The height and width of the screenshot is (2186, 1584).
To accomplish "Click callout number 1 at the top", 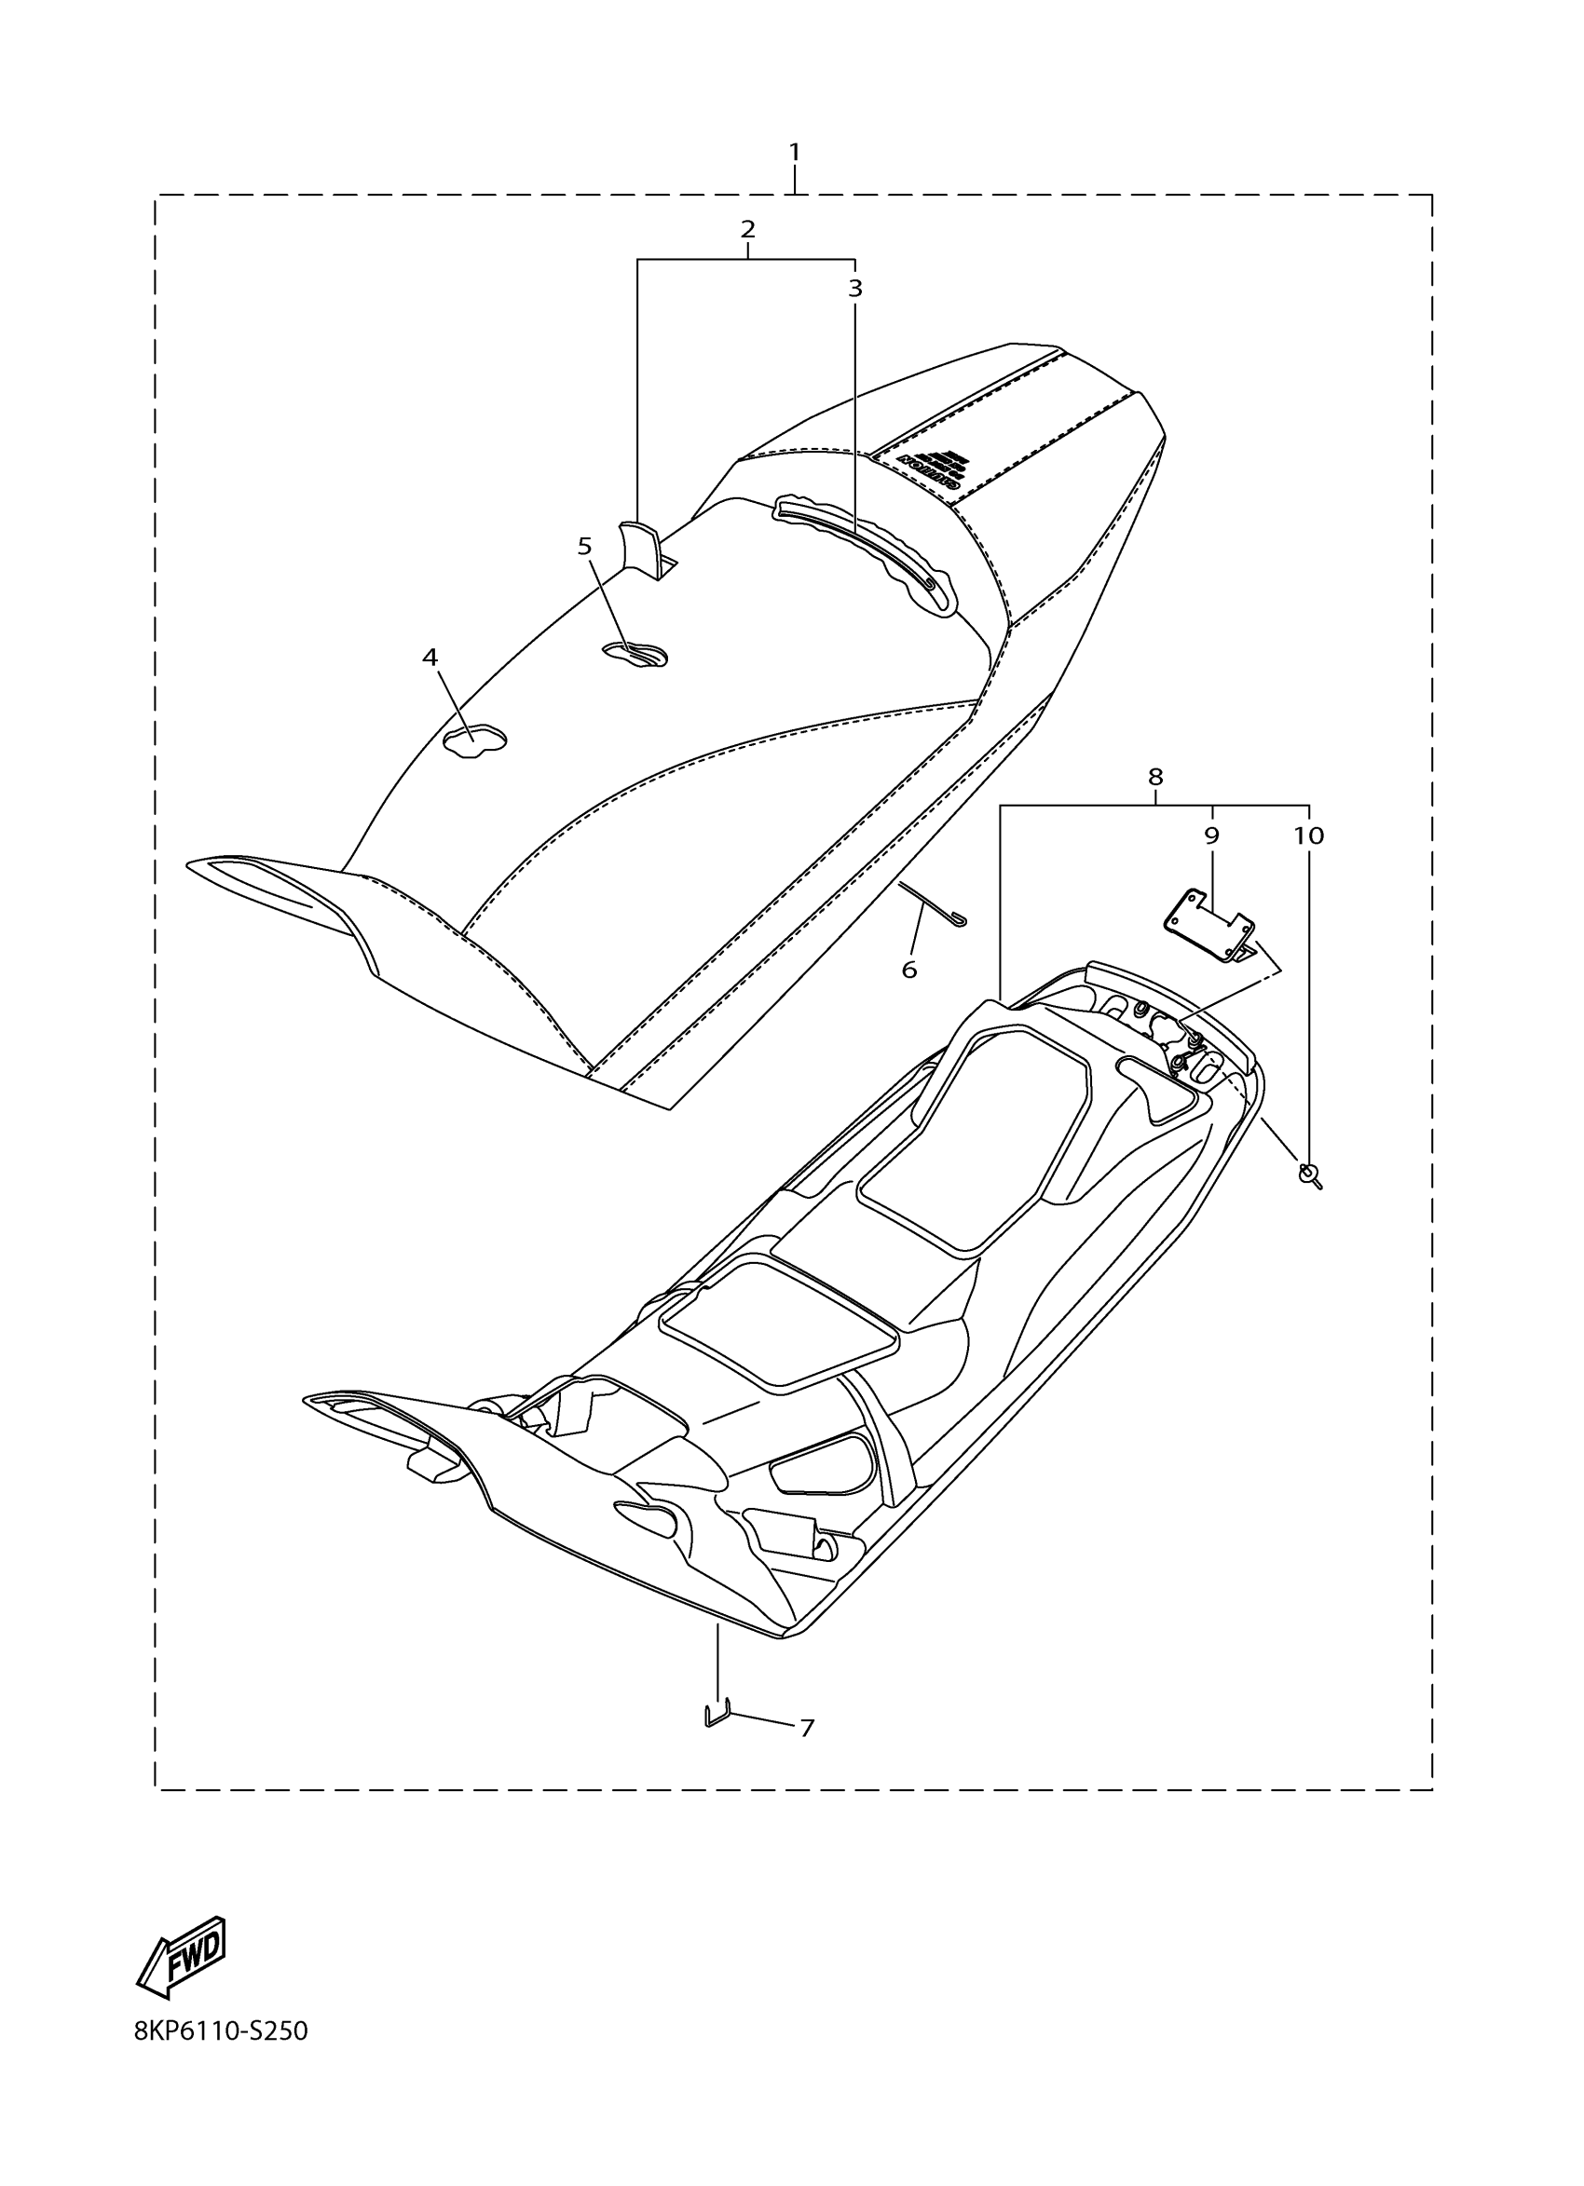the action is tap(795, 153).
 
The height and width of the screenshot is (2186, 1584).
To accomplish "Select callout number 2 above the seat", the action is tap(747, 229).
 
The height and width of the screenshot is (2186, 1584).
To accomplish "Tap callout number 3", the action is tap(855, 288).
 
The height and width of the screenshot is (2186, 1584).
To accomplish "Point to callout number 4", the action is tap(430, 658).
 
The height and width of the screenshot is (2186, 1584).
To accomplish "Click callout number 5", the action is tap(584, 547).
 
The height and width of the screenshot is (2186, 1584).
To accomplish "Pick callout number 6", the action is tap(909, 971).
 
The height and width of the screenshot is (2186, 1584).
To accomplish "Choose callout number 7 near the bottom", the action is tap(808, 1728).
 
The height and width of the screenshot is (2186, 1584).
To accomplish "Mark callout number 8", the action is tap(1155, 776).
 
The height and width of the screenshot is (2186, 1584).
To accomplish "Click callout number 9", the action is tap(1212, 835).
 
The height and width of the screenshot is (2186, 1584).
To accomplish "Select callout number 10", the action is tap(1308, 835).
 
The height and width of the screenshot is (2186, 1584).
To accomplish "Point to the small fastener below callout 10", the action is tap(1309, 1174).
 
